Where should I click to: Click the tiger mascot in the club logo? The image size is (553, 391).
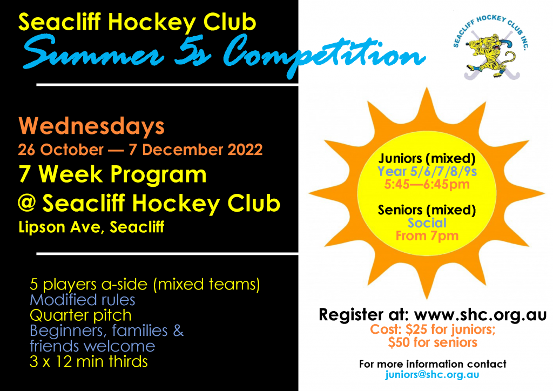tap(490, 55)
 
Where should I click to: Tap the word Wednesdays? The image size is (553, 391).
tap(91, 126)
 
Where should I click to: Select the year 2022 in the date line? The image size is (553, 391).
tap(245, 150)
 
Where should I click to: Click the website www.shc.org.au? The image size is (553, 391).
tap(480, 314)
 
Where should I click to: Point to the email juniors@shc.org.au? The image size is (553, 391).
tap(432, 375)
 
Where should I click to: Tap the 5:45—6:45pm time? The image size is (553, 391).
tap(427, 184)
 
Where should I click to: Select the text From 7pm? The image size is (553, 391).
tap(427, 235)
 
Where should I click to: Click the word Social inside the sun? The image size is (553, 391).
tap(427, 223)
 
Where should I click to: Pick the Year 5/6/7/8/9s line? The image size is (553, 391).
tap(427, 171)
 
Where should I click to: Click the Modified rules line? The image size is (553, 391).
tap(83, 300)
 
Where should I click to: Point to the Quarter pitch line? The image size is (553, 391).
tap(80, 315)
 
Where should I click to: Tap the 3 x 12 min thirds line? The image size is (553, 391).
tap(89, 362)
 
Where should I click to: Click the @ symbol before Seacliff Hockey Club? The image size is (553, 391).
tap(27, 203)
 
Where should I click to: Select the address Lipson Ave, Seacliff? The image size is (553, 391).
tap(91, 227)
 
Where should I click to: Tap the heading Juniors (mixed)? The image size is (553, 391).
tap(427, 159)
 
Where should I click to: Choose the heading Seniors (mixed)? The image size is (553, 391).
tap(427, 210)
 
